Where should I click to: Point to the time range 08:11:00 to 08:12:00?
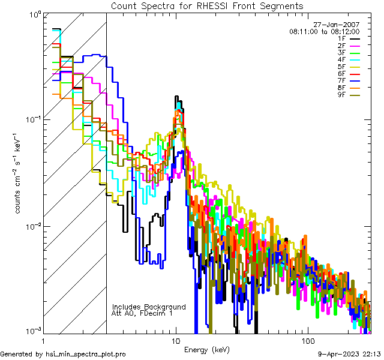(x=324, y=31)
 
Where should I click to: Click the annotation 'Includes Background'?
(x=149, y=307)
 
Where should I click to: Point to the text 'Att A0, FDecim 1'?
(x=142, y=313)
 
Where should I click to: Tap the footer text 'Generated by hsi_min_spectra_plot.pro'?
(x=63, y=354)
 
